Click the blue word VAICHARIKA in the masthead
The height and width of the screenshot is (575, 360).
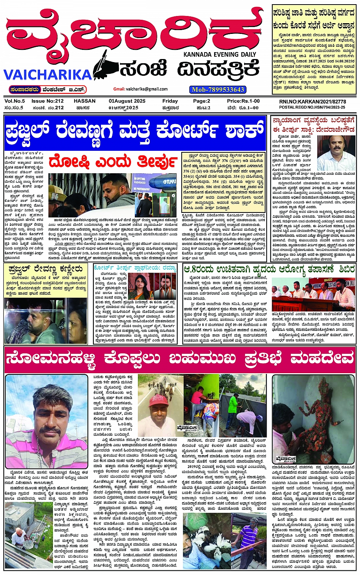[x=48, y=74]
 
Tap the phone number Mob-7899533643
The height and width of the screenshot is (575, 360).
[x=218, y=89]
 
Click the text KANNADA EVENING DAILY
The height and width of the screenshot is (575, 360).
[x=220, y=54]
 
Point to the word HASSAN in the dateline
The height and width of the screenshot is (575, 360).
[x=85, y=101]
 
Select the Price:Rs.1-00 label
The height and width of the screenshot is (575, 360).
[x=243, y=101]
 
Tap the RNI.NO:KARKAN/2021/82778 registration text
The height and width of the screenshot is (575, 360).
[x=312, y=102]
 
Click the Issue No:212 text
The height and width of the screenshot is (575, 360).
[x=47, y=101]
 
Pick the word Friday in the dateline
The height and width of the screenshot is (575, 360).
[x=170, y=101]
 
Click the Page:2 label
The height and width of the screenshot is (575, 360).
[x=202, y=101]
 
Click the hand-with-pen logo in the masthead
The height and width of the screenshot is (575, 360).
[x=105, y=65]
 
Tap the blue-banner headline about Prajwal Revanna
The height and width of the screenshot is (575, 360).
[x=135, y=132]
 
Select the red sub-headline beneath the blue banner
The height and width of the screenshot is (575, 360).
[x=113, y=161]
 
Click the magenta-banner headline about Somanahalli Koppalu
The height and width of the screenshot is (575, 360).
[x=180, y=359]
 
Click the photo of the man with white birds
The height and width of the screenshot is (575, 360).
[x=206, y=537]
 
